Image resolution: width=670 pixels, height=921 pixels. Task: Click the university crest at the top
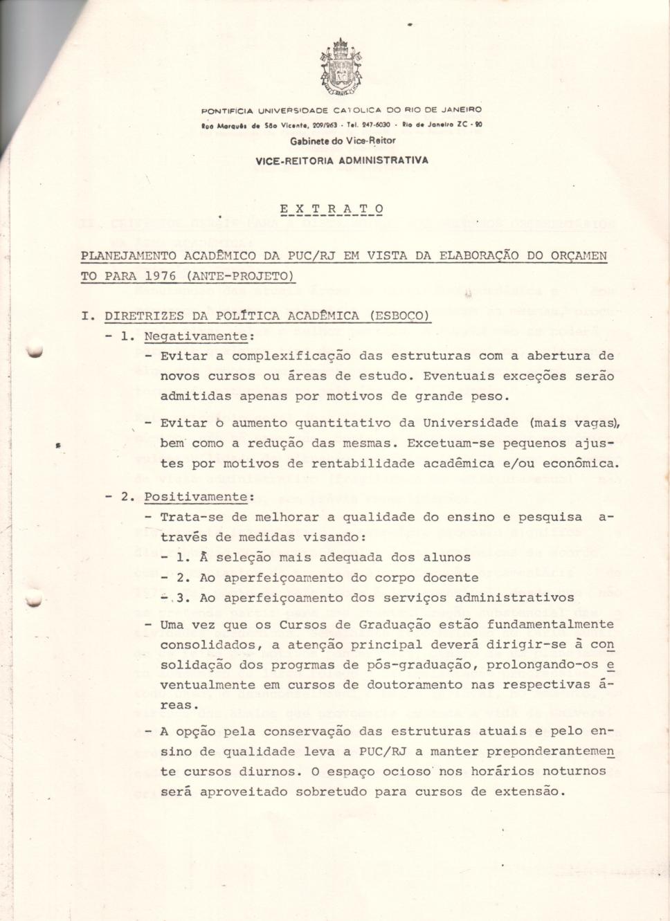tap(341, 68)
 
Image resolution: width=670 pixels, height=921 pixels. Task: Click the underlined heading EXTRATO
tap(332, 208)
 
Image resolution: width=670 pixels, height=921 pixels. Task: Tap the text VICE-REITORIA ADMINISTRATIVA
tap(342, 161)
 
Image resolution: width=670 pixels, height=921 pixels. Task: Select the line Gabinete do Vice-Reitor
tap(343, 141)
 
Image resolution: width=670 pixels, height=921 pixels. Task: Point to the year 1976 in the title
tap(160, 276)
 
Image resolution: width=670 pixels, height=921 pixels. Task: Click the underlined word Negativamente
tap(195, 336)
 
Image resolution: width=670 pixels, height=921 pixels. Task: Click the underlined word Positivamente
tap(195, 497)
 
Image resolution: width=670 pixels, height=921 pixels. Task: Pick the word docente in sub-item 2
tap(451, 577)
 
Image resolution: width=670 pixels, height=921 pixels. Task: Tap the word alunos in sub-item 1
tap(447, 557)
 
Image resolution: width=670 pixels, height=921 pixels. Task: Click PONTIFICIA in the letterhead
tap(227, 111)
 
